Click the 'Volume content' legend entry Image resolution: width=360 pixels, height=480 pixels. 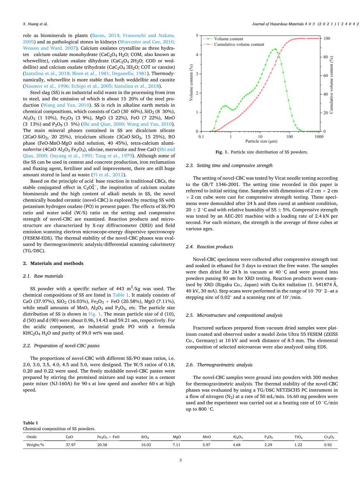[x=228, y=39]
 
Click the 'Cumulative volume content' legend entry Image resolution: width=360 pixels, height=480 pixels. [x=239, y=44]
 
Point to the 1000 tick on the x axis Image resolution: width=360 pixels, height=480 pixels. [x=319, y=137]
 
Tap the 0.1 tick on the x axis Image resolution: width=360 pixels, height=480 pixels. [x=201, y=137]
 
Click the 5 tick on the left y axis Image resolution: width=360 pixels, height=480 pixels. [x=197, y=35]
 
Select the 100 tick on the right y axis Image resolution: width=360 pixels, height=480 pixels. [x=327, y=39]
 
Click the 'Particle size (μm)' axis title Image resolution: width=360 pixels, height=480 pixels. [x=260, y=142]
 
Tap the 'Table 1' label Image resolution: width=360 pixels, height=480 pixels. [x=30, y=422]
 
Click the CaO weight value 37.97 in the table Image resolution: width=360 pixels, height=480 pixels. [x=70, y=445]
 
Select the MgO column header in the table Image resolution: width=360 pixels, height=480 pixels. [x=177, y=437]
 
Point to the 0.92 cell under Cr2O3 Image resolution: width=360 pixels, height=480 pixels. [x=329, y=445]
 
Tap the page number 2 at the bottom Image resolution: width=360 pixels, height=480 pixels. [x=181, y=460]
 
